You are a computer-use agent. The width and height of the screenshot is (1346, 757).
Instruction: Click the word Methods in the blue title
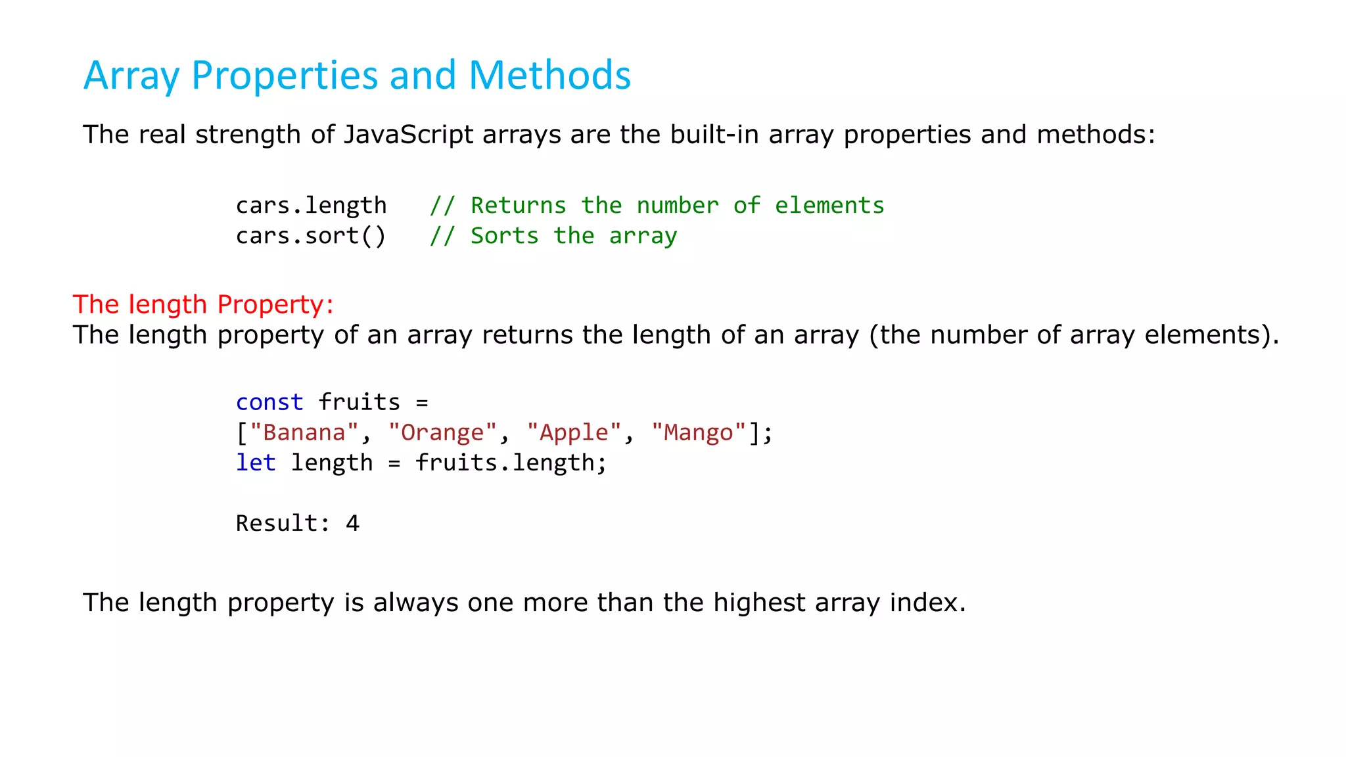549,75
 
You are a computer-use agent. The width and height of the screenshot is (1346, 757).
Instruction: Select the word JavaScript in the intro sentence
408,135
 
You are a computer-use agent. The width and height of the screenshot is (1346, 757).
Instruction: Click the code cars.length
311,206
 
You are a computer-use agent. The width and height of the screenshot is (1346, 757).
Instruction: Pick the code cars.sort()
311,236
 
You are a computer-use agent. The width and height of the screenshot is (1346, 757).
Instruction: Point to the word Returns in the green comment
518,206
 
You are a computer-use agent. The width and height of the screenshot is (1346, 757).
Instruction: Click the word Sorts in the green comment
504,236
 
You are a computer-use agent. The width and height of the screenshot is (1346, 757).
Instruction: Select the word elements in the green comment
829,206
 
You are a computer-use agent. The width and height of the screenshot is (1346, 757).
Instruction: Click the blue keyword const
269,402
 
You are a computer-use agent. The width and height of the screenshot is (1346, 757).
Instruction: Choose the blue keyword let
256,463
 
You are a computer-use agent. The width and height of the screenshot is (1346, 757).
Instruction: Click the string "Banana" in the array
304,432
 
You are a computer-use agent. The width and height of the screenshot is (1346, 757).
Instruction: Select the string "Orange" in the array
442,432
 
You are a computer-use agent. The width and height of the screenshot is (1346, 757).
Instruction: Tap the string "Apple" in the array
574,432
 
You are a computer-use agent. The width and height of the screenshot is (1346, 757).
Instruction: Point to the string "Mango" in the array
699,432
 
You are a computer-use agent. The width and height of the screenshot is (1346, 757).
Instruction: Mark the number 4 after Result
353,523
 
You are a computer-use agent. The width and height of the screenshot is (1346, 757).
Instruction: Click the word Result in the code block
277,523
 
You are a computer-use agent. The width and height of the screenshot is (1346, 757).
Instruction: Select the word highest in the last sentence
759,603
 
